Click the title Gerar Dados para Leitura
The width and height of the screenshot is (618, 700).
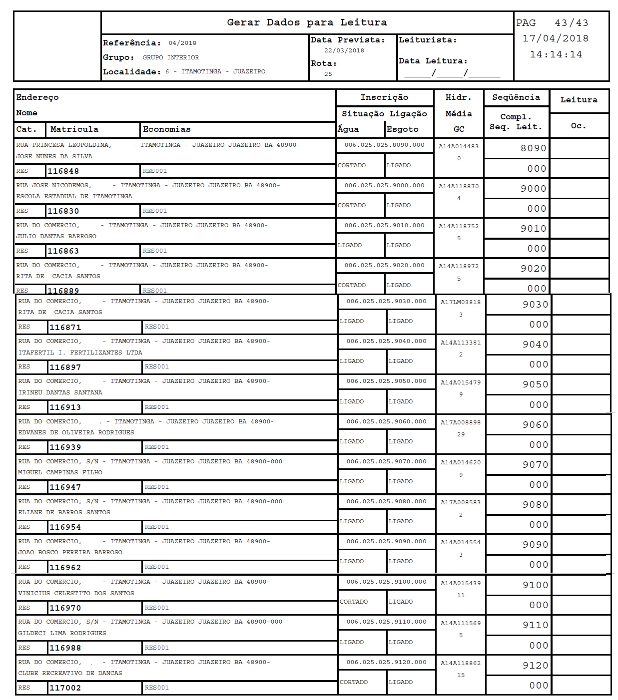tap(307, 22)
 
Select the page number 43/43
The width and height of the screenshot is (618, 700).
tap(571, 23)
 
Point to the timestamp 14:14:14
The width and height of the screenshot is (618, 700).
tap(556, 54)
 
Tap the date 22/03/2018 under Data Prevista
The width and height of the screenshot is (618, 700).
tap(344, 50)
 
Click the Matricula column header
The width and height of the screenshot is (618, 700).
tap(74, 129)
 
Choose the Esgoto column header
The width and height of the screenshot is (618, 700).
tap(402, 129)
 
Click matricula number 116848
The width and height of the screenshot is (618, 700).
tap(63, 171)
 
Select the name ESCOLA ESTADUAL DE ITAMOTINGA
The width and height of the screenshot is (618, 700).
tap(74, 196)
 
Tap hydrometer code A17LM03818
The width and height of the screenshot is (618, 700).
tap(461, 302)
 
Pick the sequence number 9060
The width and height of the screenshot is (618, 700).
tap(535, 425)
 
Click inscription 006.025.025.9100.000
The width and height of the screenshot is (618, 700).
tap(386, 582)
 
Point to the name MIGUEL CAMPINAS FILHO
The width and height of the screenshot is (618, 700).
tap(60, 472)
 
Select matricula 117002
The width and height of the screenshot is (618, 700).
tap(65, 688)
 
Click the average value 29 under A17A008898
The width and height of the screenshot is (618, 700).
tap(461, 434)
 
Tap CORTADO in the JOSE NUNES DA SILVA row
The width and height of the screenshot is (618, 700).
tap(352, 165)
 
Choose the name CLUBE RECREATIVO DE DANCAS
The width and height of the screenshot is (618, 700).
tap(70, 673)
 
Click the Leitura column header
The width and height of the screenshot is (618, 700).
tap(579, 100)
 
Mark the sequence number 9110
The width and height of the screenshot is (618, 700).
tap(535, 625)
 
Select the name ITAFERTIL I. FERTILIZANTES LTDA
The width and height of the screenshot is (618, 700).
tap(80, 352)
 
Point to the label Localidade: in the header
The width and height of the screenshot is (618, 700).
tap(132, 72)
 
